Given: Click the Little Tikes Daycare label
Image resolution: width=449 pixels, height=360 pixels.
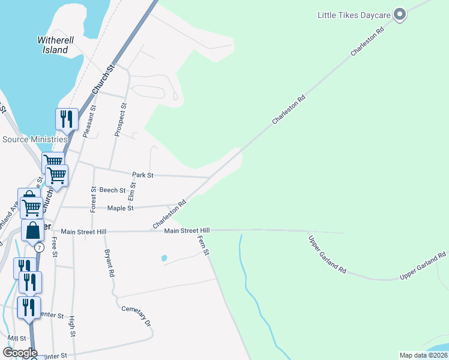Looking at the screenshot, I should [354, 14].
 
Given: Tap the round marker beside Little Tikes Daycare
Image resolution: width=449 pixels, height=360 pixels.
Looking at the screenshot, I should [400, 14].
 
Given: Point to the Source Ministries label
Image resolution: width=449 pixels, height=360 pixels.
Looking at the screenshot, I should [35, 139].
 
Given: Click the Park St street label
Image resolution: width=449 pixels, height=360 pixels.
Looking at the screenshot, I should [143, 175].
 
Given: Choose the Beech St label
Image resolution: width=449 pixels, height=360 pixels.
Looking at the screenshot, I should [112, 190].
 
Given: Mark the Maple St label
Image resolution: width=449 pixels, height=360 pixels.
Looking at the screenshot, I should [119, 208].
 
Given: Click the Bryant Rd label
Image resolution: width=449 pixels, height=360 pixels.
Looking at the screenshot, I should [110, 263].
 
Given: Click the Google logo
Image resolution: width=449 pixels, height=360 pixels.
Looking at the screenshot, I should [20, 353].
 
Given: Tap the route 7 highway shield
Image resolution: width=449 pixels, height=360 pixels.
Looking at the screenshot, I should [39, 247].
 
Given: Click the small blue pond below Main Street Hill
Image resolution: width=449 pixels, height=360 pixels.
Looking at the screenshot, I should [164, 259].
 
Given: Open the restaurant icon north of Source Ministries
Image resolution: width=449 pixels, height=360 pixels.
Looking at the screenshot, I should [67, 119].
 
